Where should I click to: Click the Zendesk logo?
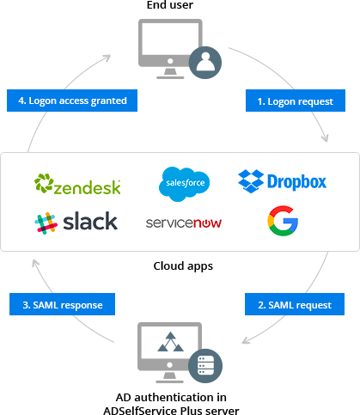(77, 184)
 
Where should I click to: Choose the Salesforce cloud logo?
(184, 182)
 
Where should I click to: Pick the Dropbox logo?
(282, 181)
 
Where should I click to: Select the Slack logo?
(76, 221)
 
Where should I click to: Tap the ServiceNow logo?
(184, 223)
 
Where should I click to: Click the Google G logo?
(282, 221)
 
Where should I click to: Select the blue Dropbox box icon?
(251, 181)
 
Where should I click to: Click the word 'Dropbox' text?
(296, 182)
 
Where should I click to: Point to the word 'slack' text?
(88, 221)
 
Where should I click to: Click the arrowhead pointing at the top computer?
(108, 58)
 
